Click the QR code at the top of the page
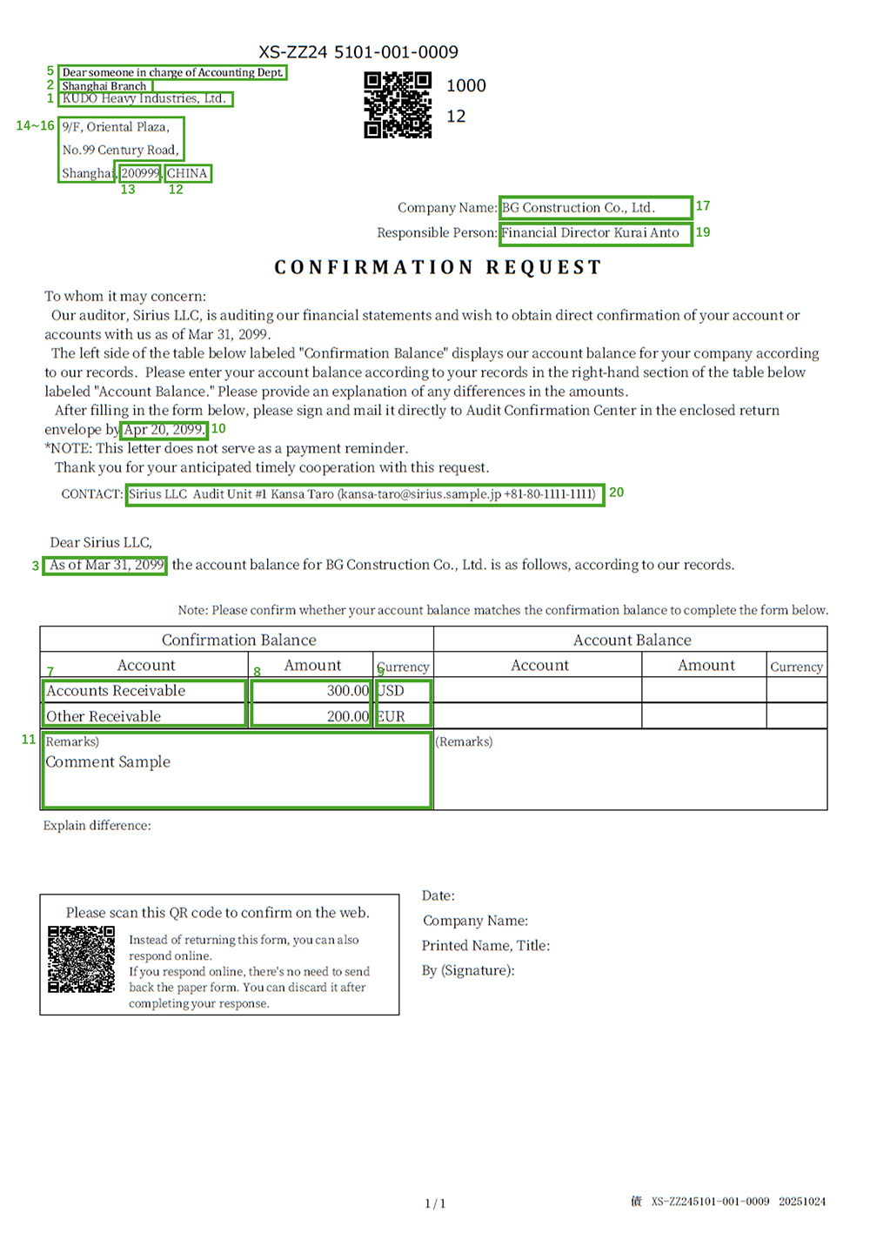point(398,105)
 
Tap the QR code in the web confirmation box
point(81,959)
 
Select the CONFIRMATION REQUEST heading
point(438,267)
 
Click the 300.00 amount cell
point(311,691)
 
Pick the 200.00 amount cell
point(311,716)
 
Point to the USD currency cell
point(403,691)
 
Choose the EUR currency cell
point(403,716)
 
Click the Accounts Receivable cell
point(144,691)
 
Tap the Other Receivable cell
point(144,716)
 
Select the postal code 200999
point(140,173)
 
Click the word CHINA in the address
point(187,173)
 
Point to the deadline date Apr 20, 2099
point(164,429)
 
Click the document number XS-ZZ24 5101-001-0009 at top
point(358,52)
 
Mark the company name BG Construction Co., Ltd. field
point(595,207)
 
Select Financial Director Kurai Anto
point(595,232)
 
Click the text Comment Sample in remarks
point(108,762)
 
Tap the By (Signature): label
point(468,970)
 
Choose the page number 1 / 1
point(435,1203)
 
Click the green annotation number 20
point(616,493)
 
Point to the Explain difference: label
point(97,825)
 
